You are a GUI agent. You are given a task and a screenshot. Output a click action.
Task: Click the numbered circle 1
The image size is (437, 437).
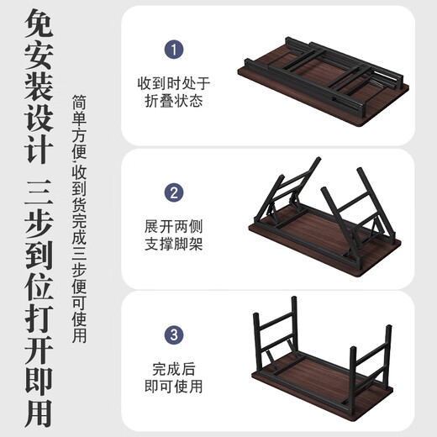click(173, 50)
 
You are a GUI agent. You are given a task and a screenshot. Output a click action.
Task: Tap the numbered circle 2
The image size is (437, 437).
click(173, 192)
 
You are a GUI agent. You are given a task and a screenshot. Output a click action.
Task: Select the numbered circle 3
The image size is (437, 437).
click(173, 335)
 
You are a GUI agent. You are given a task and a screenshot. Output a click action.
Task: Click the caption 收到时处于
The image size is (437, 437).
click(174, 83)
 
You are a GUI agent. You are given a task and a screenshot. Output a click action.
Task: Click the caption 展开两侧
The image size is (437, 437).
click(174, 227)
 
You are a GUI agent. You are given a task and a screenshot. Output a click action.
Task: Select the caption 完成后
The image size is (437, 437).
click(174, 368)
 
